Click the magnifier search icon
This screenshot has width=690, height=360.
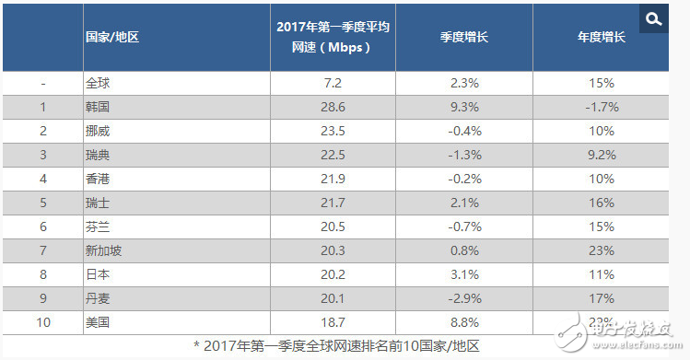(x=653, y=18)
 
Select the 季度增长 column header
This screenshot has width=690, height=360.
(x=463, y=38)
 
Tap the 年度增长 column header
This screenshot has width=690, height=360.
(x=602, y=38)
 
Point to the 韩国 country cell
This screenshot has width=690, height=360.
(x=98, y=107)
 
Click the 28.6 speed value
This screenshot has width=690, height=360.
(x=333, y=107)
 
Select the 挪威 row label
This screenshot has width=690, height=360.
(x=98, y=131)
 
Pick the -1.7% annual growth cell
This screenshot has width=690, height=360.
(x=602, y=107)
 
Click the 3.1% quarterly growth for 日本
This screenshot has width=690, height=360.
(x=463, y=274)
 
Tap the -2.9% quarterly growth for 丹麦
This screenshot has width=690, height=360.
(x=463, y=298)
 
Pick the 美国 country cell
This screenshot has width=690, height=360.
(x=98, y=322)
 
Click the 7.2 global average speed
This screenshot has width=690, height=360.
(x=333, y=83)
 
